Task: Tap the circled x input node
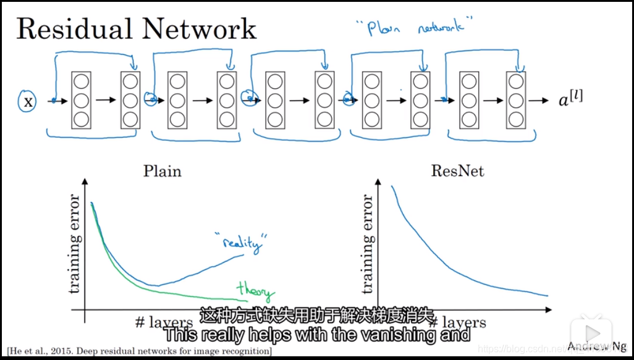(x=27, y=101)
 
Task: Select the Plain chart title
(x=163, y=171)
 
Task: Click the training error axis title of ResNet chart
(x=367, y=244)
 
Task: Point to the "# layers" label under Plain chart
(x=164, y=322)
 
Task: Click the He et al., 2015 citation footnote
(x=140, y=351)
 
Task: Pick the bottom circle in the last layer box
(x=515, y=119)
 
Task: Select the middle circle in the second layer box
(x=130, y=100)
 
